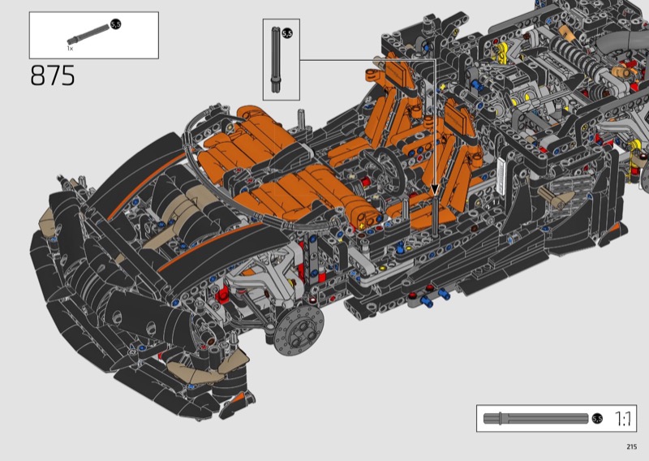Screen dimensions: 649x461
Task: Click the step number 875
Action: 53,75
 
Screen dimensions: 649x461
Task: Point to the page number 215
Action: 632,446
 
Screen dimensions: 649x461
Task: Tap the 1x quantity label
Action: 70,49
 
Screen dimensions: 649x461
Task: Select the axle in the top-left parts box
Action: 88,34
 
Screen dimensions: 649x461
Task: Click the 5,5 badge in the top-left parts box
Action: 116,24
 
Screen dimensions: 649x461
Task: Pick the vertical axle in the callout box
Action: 275,60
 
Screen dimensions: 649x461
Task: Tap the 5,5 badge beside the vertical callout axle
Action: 287,33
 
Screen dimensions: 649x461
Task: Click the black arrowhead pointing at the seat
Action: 435,190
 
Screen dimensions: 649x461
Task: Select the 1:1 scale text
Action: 623,419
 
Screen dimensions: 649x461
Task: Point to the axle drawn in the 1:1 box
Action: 536,419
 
